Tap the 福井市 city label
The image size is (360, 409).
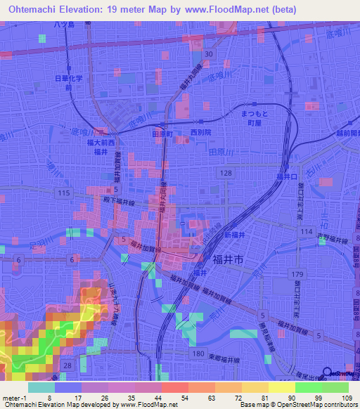point(228,259)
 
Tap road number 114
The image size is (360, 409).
point(304,231)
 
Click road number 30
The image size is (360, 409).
point(209,54)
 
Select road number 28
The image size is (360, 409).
point(67,365)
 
